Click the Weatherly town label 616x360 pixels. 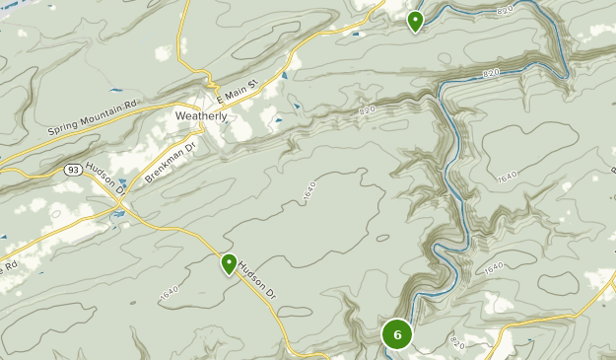201,115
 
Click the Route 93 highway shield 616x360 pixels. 73,170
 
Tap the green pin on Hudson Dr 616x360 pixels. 229,263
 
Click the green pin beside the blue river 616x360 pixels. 415,20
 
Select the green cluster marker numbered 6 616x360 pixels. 397,334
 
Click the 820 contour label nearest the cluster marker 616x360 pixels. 456,341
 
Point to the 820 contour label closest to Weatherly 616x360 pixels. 368,109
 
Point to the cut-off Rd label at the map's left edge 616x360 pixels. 10,264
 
